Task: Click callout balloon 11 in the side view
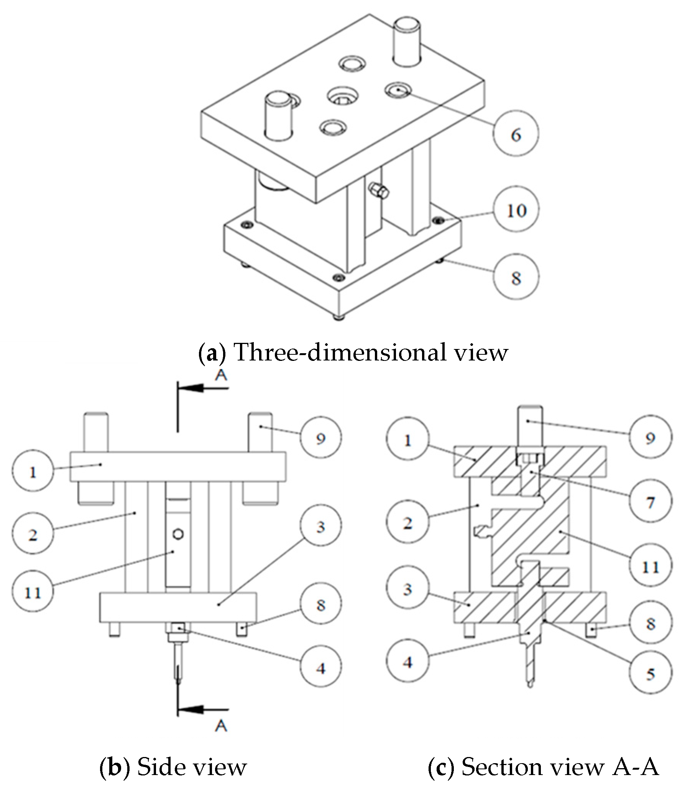(33, 593)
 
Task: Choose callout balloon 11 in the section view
(650, 567)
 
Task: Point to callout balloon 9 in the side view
(320, 438)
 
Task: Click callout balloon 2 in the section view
(407, 522)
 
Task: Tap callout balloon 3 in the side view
(320, 527)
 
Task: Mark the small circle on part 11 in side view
(179, 533)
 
